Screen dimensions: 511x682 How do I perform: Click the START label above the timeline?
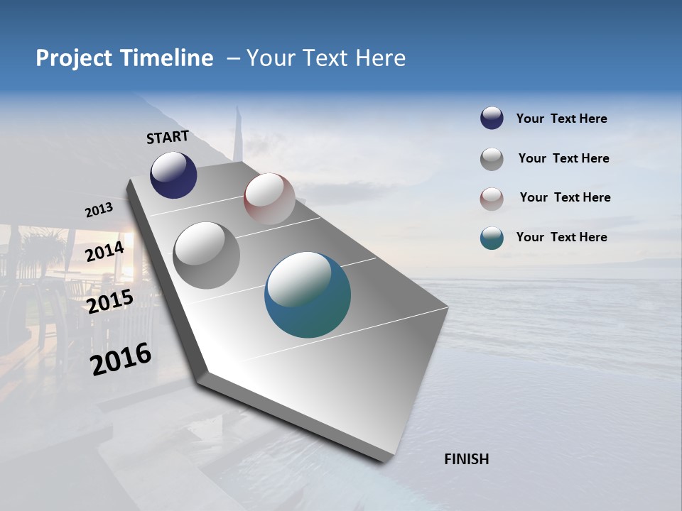168,136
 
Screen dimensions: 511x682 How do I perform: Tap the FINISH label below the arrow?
467,459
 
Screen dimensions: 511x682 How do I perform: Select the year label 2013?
99,210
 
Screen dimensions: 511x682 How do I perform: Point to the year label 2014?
104,252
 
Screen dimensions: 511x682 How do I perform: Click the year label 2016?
121,358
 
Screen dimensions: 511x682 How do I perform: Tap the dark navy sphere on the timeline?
173,175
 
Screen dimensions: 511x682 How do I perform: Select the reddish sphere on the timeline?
269,199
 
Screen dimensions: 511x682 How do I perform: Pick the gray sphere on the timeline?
206,255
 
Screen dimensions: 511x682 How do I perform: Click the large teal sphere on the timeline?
308,295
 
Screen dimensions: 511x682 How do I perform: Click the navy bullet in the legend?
492,119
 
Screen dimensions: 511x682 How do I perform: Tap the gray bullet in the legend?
492,159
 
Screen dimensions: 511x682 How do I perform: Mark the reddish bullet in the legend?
492,199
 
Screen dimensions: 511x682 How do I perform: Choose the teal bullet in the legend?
492,238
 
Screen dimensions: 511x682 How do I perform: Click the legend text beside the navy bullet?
561,119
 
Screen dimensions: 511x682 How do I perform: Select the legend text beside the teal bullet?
561,237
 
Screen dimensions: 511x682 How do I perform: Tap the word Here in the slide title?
379,58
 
